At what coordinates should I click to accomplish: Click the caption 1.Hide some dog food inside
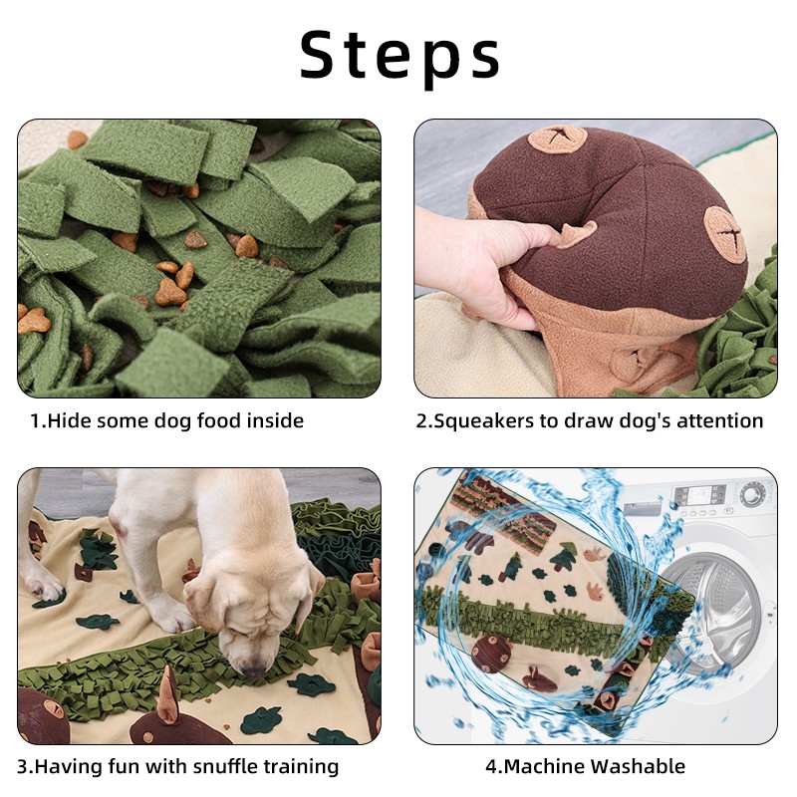(x=166, y=421)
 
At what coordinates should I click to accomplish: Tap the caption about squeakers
(x=590, y=421)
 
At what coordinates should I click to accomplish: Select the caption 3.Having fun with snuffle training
(x=178, y=766)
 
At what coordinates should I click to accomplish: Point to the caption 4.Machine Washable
(x=585, y=766)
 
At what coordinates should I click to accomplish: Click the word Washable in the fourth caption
(x=638, y=766)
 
